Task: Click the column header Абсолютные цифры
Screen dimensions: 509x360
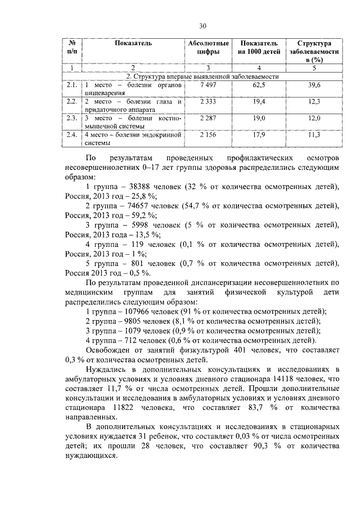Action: coord(208,47)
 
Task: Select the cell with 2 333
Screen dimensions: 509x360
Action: coord(208,101)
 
